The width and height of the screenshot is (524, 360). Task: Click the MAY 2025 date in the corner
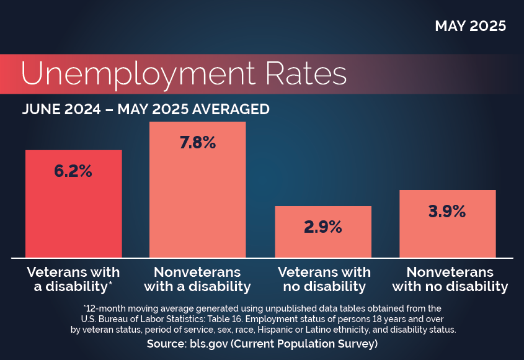470,26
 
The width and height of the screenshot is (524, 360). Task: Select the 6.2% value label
73,171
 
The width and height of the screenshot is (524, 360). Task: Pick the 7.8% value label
197,143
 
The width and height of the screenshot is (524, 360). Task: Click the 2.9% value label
322,227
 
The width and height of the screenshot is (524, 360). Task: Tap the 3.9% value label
447,211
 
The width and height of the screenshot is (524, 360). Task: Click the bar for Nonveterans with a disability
197,205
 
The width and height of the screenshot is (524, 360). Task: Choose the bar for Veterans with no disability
322,245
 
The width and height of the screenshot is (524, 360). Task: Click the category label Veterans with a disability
73,279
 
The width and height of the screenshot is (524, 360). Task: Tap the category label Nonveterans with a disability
197,279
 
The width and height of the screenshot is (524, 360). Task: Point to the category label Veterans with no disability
324,279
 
